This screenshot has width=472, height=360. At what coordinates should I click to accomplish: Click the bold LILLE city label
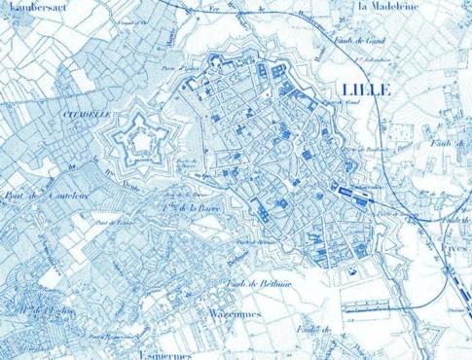366,89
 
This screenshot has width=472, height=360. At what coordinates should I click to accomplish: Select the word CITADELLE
85,114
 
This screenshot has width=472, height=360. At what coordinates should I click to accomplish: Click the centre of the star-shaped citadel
143,142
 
